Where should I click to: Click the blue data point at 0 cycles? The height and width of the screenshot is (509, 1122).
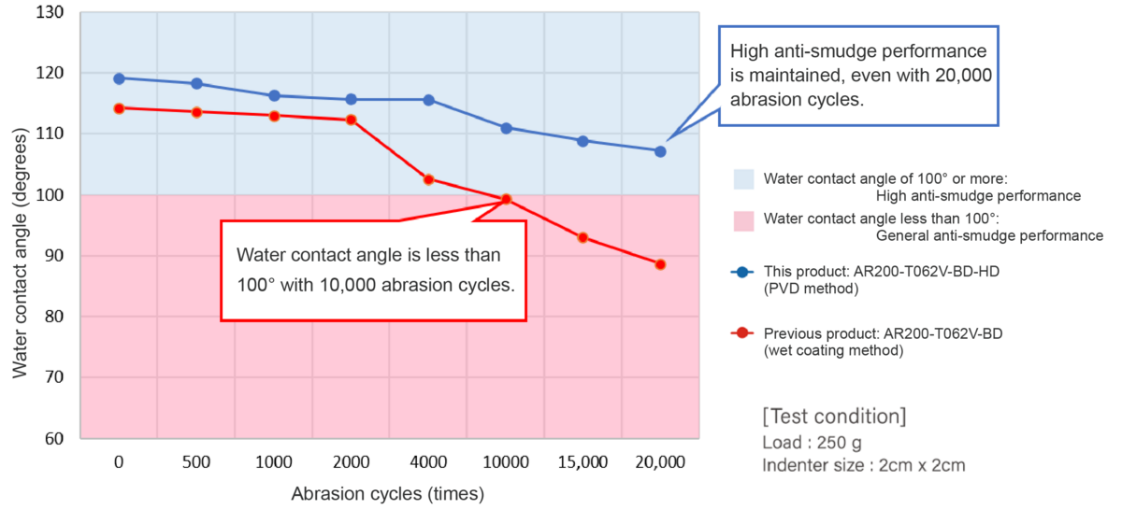119,78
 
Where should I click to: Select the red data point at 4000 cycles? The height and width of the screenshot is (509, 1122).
428,179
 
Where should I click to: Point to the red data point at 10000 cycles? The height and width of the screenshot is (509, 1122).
506,199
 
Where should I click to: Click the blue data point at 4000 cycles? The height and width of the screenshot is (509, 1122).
428,100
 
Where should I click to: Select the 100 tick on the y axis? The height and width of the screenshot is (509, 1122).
50,195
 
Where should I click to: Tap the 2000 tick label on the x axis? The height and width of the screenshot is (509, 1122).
351,462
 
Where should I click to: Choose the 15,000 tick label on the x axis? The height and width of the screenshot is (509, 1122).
583,462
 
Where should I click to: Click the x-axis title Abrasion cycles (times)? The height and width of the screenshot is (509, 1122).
388,493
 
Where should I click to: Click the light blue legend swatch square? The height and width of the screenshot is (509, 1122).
744,179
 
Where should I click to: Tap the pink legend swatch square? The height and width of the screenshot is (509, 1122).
744,220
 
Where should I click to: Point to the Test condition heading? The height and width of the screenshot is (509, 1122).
834,416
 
